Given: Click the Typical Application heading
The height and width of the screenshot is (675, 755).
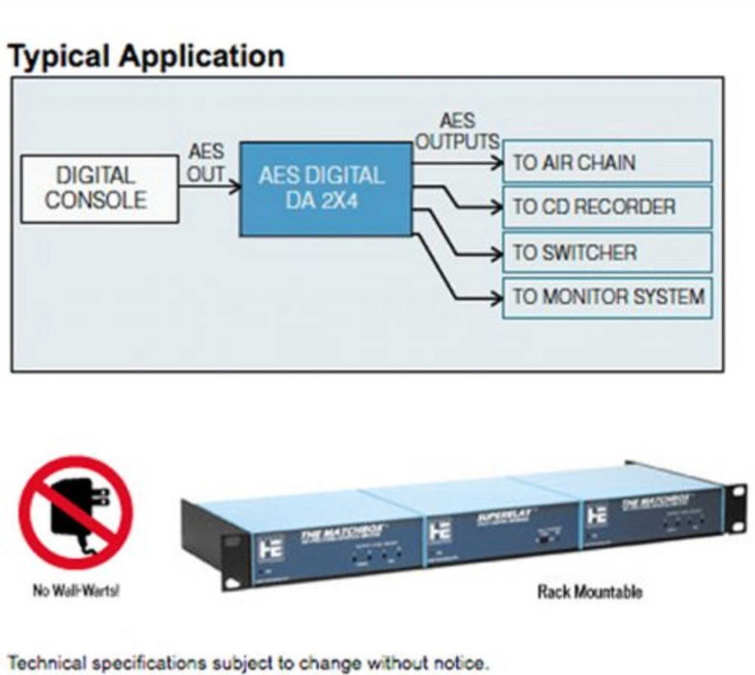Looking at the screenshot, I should (x=146, y=56).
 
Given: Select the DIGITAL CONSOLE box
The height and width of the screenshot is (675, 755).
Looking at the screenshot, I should (x=100, y=189).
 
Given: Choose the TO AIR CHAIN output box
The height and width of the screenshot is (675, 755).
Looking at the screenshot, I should (x=607, y=162).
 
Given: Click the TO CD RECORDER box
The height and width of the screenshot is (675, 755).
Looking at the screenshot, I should (x=607, y=207).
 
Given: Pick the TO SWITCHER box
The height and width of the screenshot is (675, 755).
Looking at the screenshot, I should (x=607, y=253).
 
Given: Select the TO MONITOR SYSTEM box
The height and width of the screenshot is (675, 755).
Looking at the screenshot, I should (x=607, y=297).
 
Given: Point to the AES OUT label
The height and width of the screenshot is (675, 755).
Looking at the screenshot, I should (x=206, y=164).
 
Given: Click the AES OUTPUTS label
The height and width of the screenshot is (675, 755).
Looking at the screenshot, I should (x=457, y=132).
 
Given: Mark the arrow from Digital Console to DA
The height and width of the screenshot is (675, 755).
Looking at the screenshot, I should (x=210, y=189).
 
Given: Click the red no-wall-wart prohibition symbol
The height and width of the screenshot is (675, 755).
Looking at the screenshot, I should (x=75, y=511).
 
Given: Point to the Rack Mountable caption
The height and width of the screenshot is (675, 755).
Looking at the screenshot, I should (x=589, y=590).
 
